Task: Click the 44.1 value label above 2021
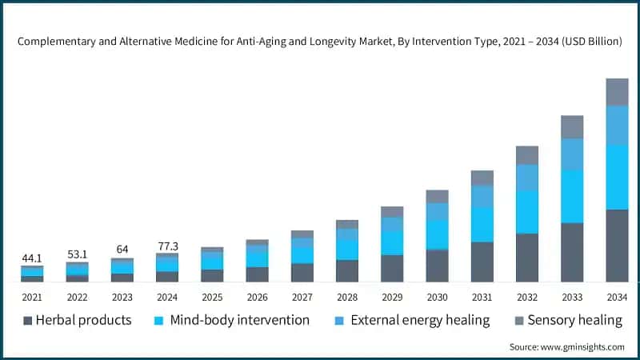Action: tap(32, 258)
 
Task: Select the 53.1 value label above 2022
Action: tap(77, 254)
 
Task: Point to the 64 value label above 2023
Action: tap(122, 249)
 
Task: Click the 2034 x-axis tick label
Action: tap(617, 297)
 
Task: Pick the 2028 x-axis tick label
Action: tap(347, 297)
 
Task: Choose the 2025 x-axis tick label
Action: tap(212, 297)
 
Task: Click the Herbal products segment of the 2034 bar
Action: tap(617, 246)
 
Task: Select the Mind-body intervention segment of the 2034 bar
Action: tap(617, 177)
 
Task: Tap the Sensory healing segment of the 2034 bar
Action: tap(617, 92)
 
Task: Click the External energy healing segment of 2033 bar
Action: tap(572, 154)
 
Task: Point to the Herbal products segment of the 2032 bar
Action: tap(527, 258)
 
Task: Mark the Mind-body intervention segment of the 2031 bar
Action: tap(482, 225)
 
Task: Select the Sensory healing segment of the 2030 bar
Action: tap(437, 196)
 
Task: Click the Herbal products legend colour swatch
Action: tap(29, 321)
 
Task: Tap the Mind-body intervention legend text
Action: tap(240, 320)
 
